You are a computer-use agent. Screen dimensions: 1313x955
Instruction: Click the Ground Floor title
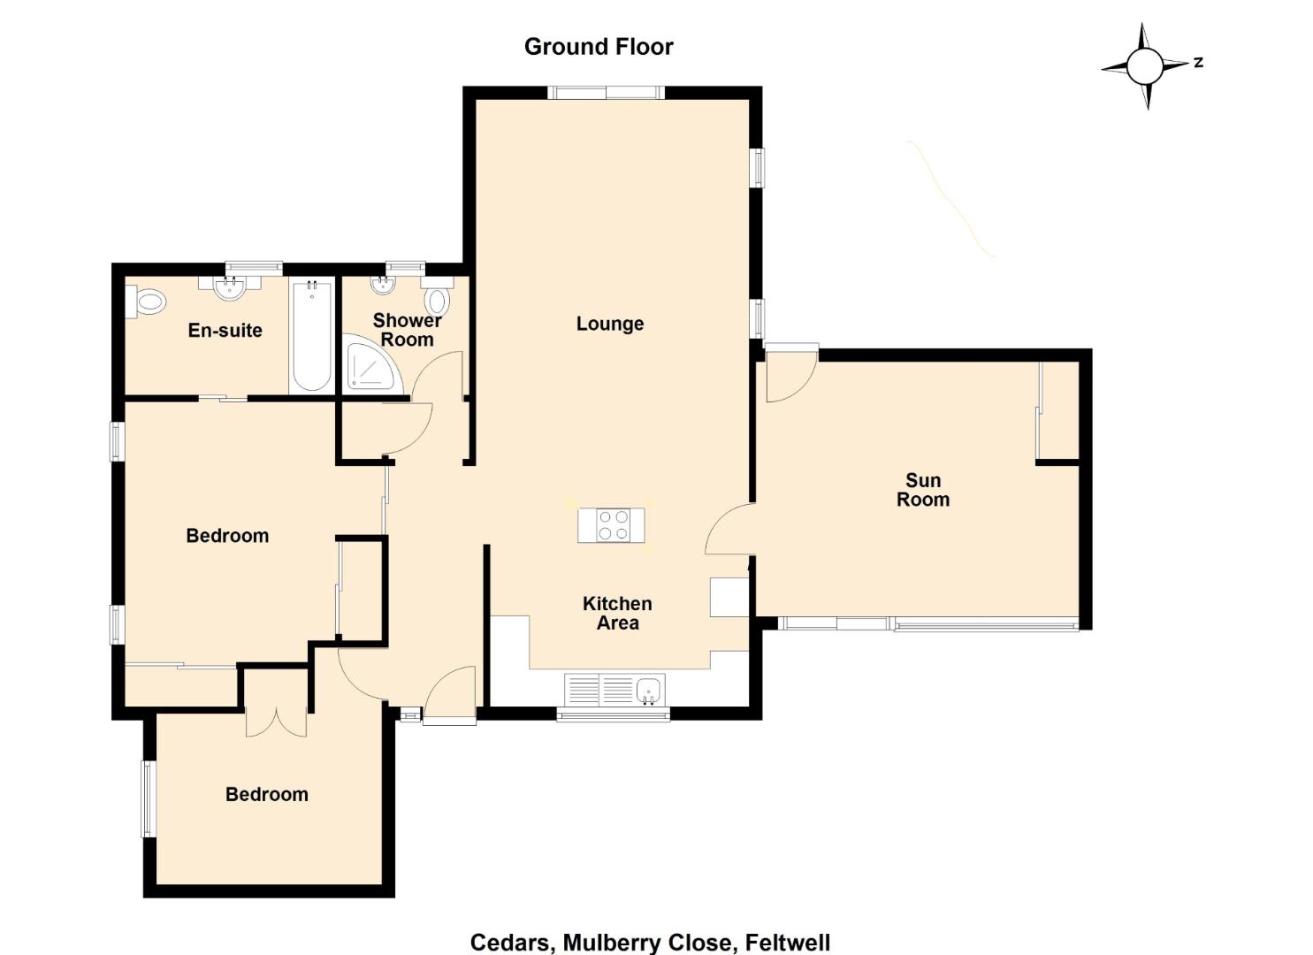click(x=599, y=47)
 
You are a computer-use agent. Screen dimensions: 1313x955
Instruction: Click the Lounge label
click(x=609, y=324)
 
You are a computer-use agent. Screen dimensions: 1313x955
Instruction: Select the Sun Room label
click(x=923, y=490)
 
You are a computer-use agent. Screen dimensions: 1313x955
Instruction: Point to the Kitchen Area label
click(x=617, y=613)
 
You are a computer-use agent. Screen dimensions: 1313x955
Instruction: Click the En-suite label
click(x=225, y=330)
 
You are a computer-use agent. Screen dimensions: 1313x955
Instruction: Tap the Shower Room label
click(x=407, y=330)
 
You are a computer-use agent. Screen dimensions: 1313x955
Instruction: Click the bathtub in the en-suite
click(x=312, y=335)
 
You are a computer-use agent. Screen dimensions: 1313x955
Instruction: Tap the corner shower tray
click(x=373, y=363)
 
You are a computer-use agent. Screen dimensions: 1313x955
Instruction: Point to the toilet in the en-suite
click(x=146, y=302)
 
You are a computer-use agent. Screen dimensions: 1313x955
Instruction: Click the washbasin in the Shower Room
click(x=384, y=285)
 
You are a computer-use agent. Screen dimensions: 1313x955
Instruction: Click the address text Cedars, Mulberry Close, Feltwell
click(x=650, y=943)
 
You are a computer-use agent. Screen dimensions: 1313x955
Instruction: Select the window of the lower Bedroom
click(x=149, y=798)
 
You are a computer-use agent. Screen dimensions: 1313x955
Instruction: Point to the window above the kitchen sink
click(x=613, y=714)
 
